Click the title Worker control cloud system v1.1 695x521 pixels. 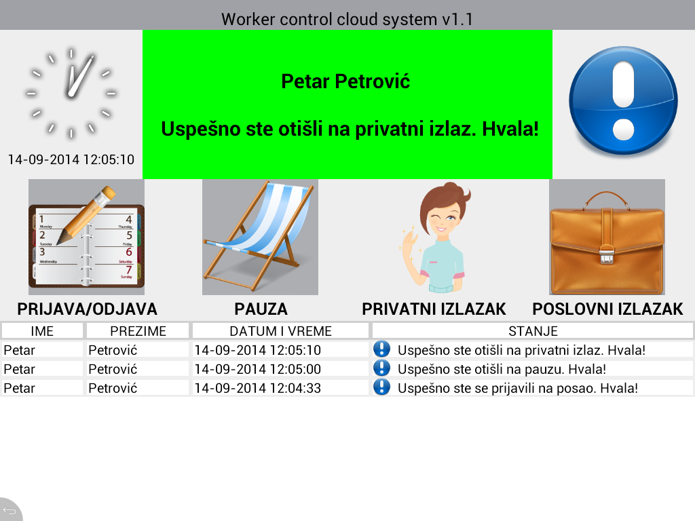[347, 20]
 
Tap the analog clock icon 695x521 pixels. [71, 93]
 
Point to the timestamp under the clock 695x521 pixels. [71, 159]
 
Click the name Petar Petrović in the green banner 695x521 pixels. [345, 81]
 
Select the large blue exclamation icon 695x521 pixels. [623, 101]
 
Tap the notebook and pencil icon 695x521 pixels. [86, 237]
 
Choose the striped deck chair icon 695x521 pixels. [260, 237]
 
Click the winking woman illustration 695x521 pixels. [434, 237]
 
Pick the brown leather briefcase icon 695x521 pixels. [607, 237]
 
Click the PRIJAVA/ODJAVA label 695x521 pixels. [88, 309]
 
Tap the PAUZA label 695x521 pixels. [261, 309]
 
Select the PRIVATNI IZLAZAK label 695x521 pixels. [434, 309]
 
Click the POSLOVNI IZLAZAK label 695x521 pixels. [607, 309]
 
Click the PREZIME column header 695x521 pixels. [138, 331]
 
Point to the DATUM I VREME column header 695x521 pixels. [280, 331]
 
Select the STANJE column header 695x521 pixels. [533, 331]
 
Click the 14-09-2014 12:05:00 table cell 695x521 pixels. [257, 369]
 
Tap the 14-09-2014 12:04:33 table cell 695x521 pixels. [257, 388]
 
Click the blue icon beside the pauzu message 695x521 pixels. [381, 368]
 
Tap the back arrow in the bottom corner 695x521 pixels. [10, 511]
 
